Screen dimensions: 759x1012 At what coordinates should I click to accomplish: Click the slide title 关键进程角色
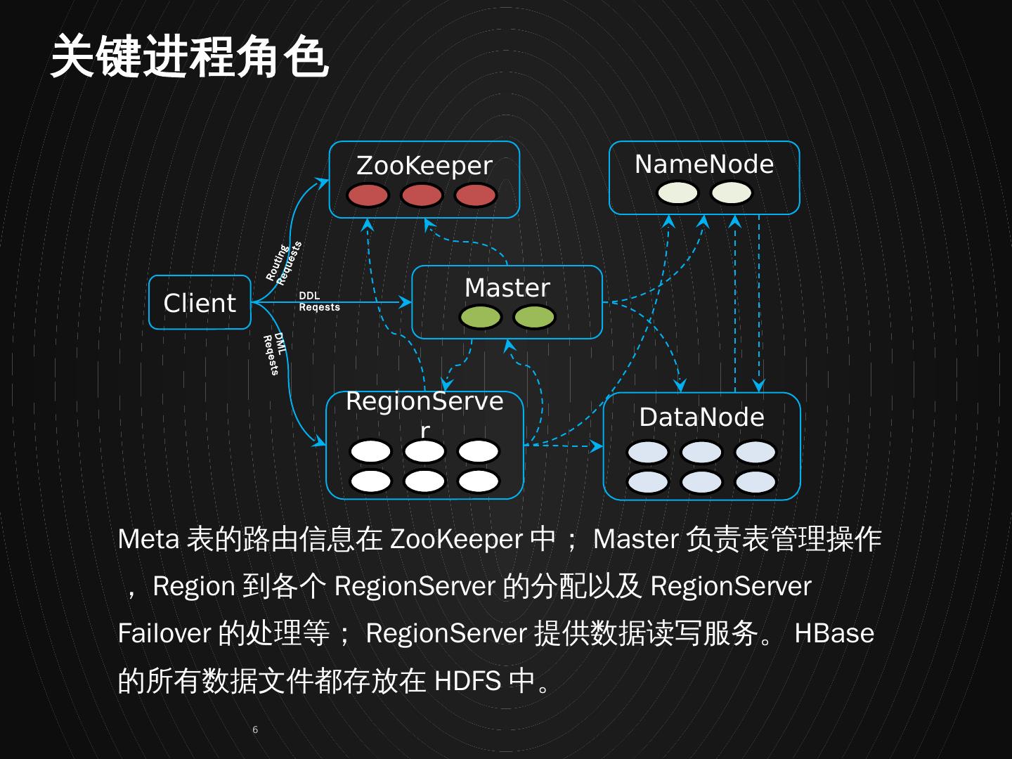[190, 56]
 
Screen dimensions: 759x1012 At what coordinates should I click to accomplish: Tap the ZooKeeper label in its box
[424, 166]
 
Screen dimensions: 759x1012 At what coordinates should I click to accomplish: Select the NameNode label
[703, 164]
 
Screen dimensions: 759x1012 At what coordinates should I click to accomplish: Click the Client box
[200, 303]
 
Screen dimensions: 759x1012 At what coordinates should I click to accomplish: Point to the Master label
[507, 288]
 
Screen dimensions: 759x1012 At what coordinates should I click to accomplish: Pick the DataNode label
[701, 417]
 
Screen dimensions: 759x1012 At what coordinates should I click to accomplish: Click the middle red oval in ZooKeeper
[422, 195]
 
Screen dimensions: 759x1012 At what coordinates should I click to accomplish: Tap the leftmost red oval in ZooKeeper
[368, 195]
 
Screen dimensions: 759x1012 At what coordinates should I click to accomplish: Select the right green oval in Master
[534, 317]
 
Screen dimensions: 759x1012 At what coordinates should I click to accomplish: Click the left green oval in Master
[481, 317]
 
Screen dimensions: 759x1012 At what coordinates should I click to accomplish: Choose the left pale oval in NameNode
[677, 193]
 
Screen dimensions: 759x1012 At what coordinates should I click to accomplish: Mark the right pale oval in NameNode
[731, 193]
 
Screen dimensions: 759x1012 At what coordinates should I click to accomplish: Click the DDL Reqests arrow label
[318, 301]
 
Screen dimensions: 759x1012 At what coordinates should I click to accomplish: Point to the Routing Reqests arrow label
[284, 262]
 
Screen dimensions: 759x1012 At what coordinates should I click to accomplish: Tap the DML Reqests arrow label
[274, 353]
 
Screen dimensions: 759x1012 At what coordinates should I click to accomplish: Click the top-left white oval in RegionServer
[370, 451]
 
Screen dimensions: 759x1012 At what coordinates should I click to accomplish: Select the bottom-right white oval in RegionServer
[479, 481]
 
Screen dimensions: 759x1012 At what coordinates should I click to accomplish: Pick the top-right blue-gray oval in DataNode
[755, 453]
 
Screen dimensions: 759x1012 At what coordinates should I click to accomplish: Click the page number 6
[255, 729]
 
